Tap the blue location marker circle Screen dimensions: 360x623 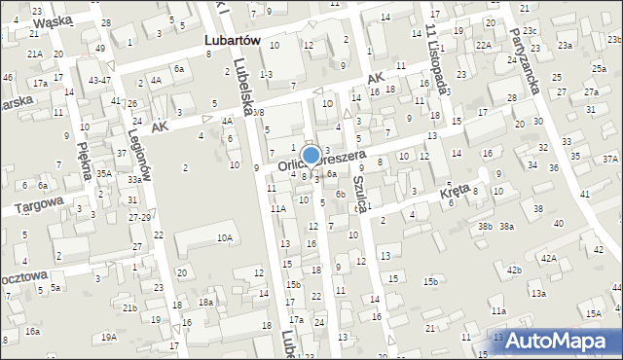point(311,155)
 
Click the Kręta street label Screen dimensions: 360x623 point(453,195)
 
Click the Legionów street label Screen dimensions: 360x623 point(135,156)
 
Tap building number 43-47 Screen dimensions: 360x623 point(99,80)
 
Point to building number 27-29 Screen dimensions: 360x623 point(137,217)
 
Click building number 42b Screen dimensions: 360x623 point(513,270)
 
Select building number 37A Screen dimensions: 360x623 point(609,159)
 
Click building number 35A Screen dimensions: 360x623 point(103,173)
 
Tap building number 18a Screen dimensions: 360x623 point(205,303)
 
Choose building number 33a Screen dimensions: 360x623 point(133,180)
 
